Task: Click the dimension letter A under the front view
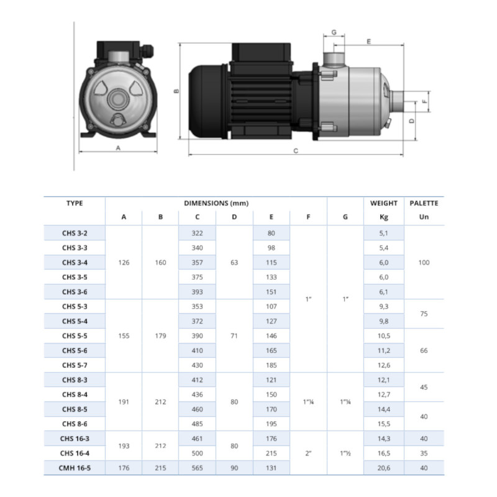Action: pyautogui.click(x=118, y=148)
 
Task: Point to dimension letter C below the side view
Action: pyautogui.click(x=296, y=151)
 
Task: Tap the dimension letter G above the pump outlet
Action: pyautogui.click(x=334, y=32)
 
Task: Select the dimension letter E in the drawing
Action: pyautogui.click(x=368, y=42)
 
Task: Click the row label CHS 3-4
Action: pyautogui.click(x=75, y=262)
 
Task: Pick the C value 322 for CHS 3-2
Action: pyautogui.click(x=197, y=234)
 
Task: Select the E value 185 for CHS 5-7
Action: pyautogui.click(x=271, y=365)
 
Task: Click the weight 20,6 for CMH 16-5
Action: pyautogui.click(x=384, y=468)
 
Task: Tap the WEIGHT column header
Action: pyautogui.click(x=384, y=203)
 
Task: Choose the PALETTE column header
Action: pyautogui.click(x=424, y=203)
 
